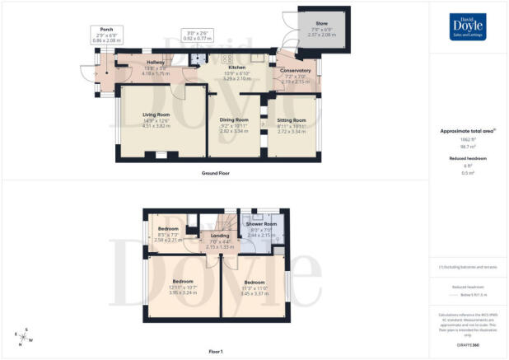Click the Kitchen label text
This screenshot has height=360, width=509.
(227, 68)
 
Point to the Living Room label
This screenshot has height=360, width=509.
(156, 115)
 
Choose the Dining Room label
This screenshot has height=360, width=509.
(233, 119)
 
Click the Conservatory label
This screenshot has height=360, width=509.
(294, 71)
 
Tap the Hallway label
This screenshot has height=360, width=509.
(156, 63)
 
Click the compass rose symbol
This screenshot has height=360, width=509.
(22, 335)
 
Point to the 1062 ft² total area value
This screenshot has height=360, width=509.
(468, 142)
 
